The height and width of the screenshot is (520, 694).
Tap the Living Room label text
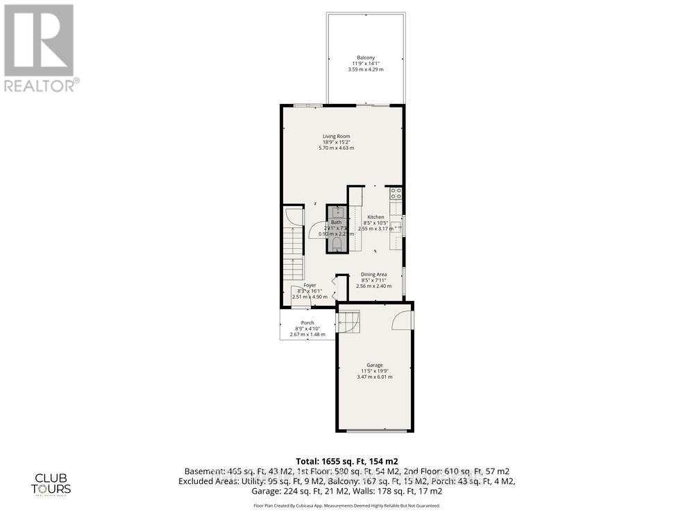point(336,136)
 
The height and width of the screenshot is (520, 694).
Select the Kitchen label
point(375,217)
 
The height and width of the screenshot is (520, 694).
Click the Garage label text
point(375,365)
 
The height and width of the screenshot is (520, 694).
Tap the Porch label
point(307,322)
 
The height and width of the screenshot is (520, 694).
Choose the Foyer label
point(310,286)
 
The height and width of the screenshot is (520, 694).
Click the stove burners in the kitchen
point(396,193)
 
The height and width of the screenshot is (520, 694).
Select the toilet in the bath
point(337,243)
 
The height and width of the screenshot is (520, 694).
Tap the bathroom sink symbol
point(337,211)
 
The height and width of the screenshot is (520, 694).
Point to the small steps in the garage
point(350,320)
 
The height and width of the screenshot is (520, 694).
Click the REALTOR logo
point(40,49)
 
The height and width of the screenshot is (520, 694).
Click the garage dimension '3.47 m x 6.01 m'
point(375,376)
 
